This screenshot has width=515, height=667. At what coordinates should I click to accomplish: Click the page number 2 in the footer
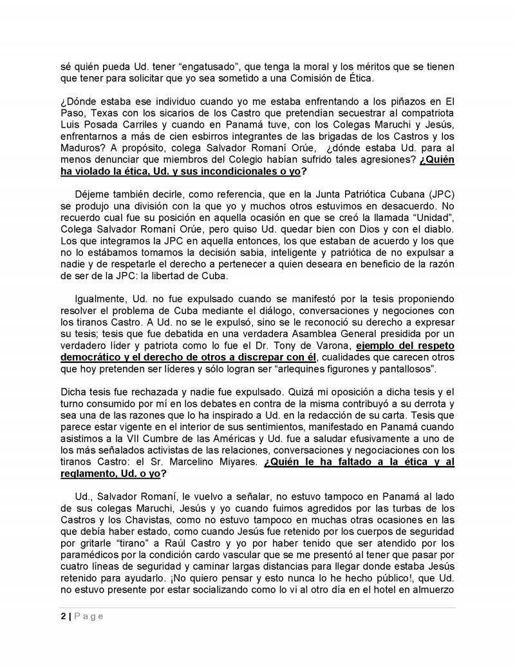click(x=56, y=616)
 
